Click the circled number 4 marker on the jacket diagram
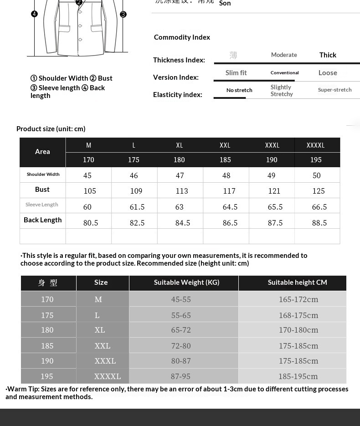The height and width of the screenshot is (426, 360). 34,14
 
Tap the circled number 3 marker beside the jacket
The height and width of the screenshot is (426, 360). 123,15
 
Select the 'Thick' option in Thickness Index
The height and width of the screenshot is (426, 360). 328,55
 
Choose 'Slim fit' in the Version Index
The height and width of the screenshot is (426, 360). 236,73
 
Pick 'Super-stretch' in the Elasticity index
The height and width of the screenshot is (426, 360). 334,90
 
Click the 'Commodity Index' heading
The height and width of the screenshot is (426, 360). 182,37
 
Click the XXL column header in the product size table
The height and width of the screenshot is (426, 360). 225,145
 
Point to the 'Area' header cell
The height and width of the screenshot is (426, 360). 42,152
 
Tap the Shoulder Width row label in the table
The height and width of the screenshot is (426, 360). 43,175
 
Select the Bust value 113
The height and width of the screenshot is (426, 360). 182,191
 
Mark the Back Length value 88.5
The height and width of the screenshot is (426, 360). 319,223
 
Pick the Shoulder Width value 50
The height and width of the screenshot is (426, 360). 317,175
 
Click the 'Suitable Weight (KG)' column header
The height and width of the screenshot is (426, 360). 186,282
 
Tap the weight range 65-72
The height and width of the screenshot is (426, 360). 181,330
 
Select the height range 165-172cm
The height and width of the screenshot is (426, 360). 298,299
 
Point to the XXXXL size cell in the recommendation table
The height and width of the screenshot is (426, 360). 108,376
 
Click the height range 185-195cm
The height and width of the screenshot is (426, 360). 298,376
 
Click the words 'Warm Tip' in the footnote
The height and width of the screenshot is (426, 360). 23,389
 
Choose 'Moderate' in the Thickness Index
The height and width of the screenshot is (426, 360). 284,55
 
